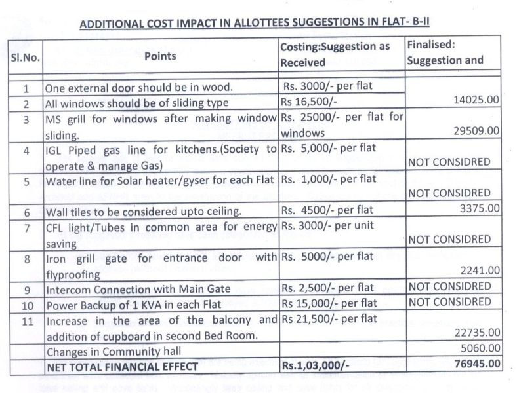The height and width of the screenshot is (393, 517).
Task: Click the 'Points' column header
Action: [160, 56]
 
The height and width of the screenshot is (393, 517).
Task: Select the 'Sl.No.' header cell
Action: [26, 58]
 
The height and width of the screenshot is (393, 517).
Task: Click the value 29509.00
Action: [477, 131]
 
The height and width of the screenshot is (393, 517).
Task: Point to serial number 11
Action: [26, 321]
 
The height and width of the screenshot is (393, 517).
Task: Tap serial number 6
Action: [26, 212]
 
